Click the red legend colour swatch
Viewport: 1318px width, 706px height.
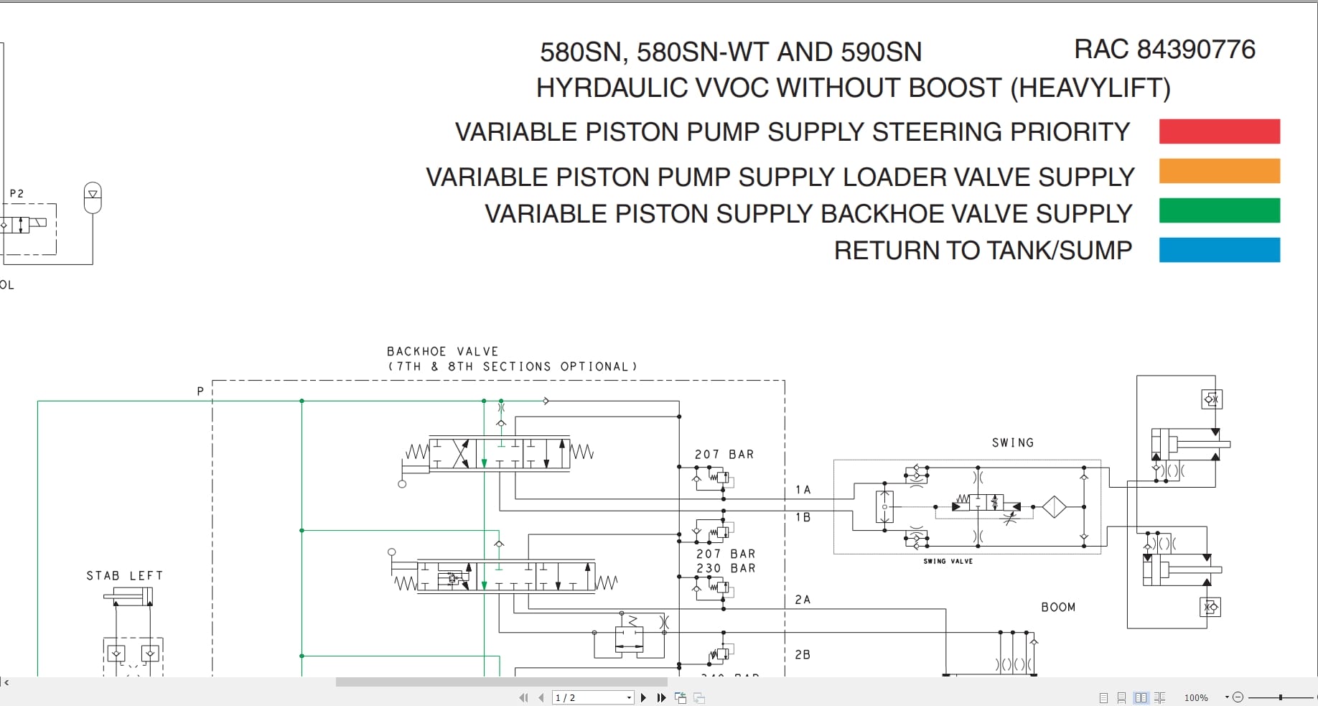tap(1219, 131)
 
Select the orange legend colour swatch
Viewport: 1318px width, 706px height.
tap(1219, 171)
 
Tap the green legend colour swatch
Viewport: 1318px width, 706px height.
tap(1219, 210)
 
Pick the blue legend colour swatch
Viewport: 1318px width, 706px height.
tap(1219, 250)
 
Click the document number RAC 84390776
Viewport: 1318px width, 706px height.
tap(1164, 50)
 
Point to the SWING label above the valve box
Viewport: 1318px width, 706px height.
tap(1013, 443)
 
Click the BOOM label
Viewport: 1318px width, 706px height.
tap(1058, 608)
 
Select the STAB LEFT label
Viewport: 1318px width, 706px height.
tap(125, 576)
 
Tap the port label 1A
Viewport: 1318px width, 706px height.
tap(803, 490)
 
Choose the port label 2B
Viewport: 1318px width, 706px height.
tap(803, 655)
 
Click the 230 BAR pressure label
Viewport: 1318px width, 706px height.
tap(725, 568)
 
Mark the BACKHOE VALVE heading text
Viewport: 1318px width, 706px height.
tap(442, 352)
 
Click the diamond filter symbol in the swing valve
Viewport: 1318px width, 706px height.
tap(1054, 507)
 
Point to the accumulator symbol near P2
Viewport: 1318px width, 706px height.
tap(93, 198)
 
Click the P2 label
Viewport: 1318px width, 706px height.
tap(17, 194)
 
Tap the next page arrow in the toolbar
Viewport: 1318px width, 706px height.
tap(643, 697)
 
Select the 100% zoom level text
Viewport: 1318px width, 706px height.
tap(1196, 697)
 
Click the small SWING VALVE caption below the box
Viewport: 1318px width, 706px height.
tap(948, 562)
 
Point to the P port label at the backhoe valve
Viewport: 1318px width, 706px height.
tap(200, 391)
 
